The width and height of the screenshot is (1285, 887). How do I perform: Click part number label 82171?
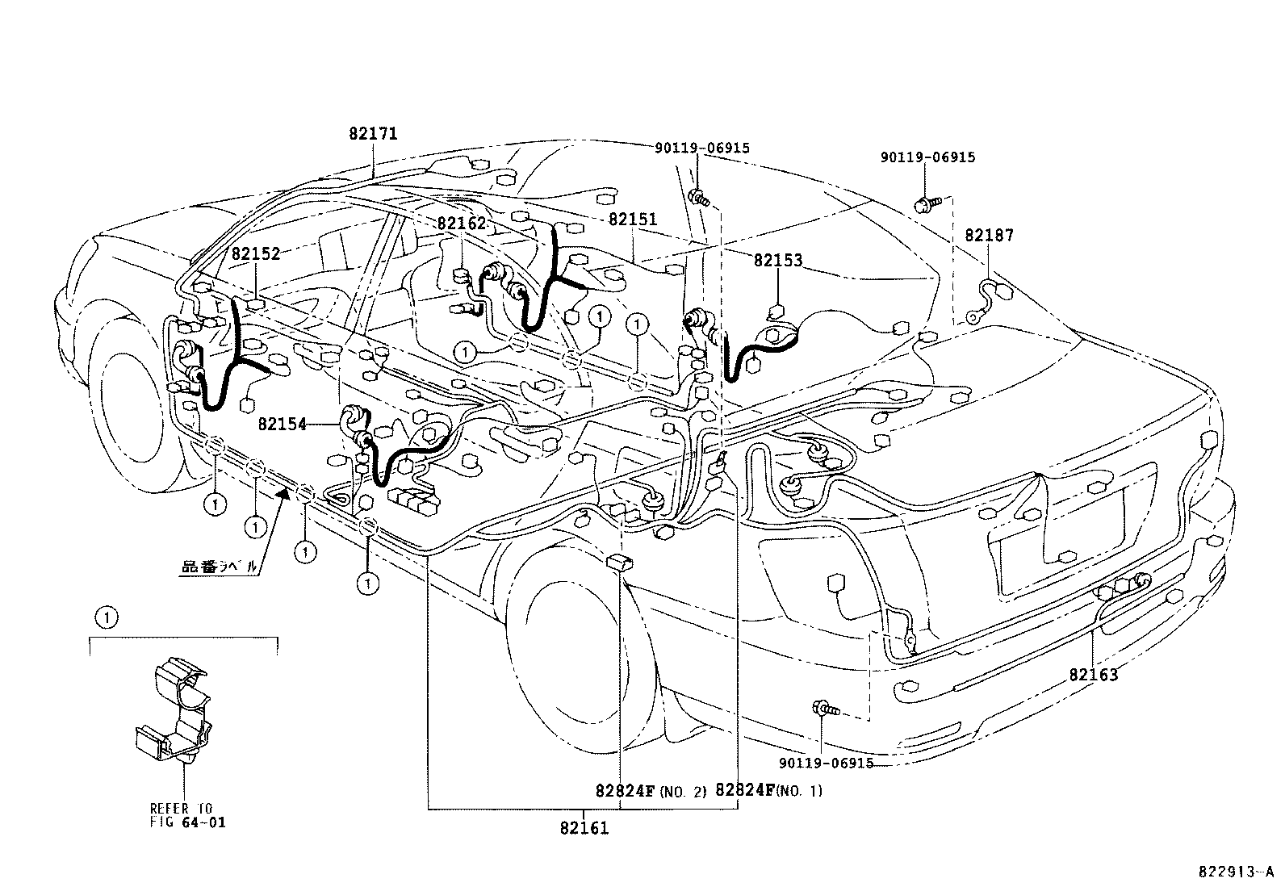373,134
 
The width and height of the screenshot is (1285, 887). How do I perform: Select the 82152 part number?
256,253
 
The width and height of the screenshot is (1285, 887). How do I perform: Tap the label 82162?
463,224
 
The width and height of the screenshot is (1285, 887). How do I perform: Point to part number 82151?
633,220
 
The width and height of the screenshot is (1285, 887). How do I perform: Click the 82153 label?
778,261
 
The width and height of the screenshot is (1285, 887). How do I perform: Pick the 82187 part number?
989,236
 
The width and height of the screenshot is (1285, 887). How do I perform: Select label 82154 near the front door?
283,424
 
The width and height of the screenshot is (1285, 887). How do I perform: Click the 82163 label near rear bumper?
1094,675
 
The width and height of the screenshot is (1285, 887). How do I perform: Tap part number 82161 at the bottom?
584,828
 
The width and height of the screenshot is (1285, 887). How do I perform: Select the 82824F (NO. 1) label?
768,791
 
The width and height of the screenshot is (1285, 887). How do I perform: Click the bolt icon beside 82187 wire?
928,204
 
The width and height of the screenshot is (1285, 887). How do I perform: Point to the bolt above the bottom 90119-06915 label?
827,710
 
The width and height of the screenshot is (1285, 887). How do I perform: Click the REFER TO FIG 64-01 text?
188,815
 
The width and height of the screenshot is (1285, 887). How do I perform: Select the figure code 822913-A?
1234,872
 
